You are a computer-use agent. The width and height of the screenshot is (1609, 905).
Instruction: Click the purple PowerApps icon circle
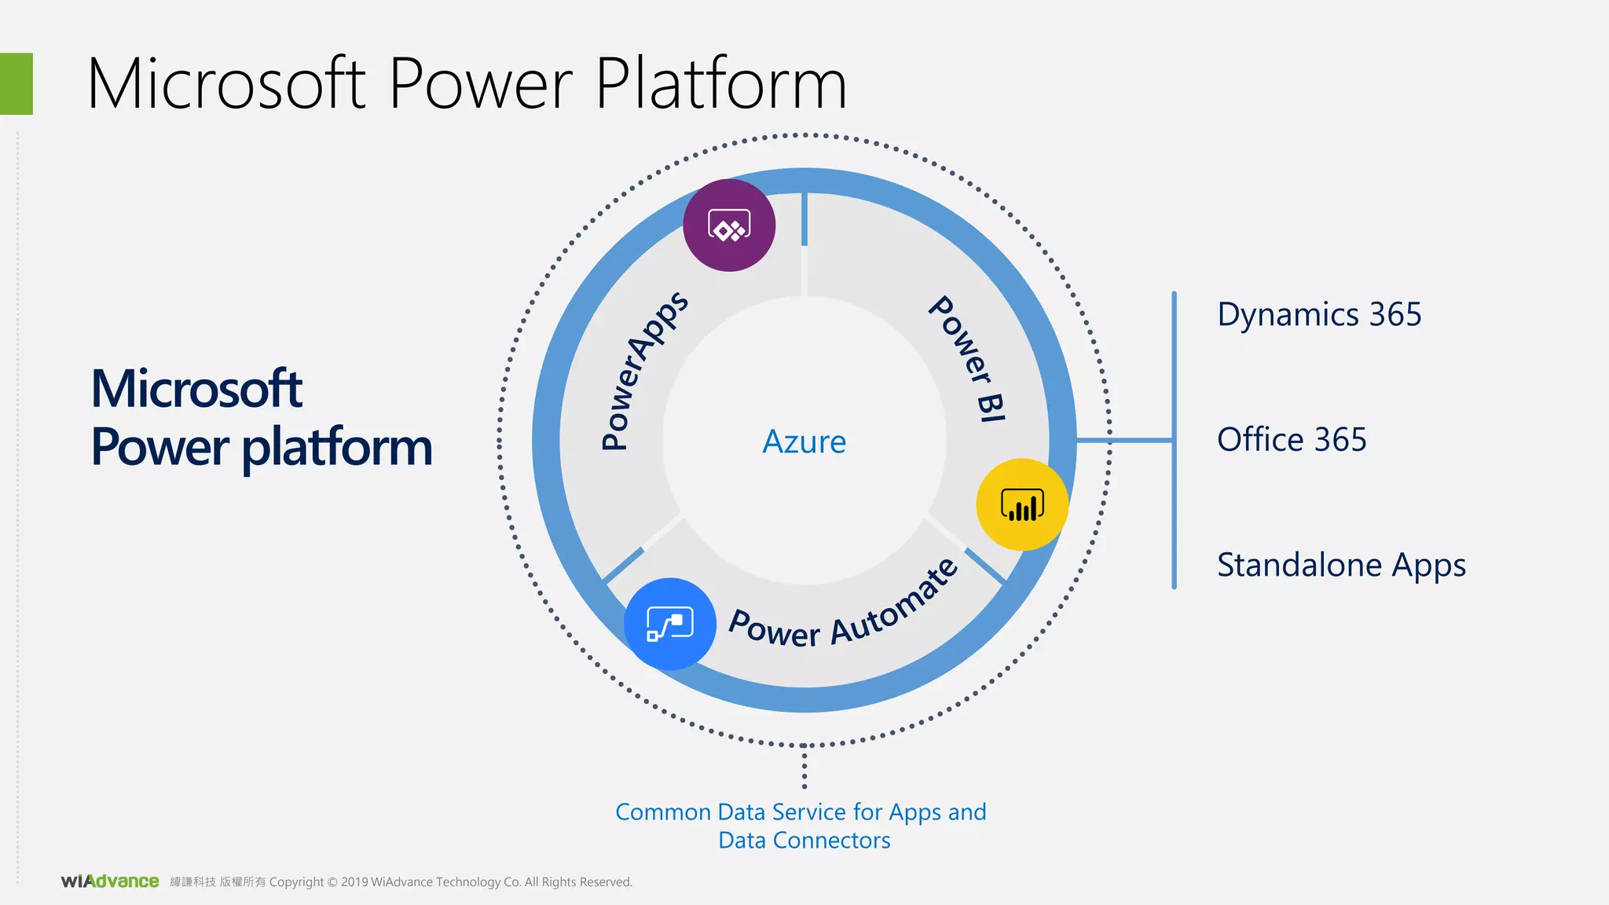[x=729, y=225]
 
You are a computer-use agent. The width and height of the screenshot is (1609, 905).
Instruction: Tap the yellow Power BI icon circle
[x=1022, y=504]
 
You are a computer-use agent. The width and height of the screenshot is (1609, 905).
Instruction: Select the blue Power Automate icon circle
[x=670, y=624]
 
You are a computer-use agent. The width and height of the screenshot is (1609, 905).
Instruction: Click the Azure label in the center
[x=804, y=442]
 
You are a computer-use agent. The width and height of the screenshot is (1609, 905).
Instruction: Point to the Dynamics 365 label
[x=1319, y=314]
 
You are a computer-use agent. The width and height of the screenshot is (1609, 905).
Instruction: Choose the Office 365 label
[x=1292, y=439]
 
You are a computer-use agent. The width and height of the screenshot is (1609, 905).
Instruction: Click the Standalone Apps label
[x=1341, y=565]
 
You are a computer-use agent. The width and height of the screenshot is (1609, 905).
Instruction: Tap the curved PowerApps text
[x=643, y=369]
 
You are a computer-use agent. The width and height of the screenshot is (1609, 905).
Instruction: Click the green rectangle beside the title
[x=16, y=83]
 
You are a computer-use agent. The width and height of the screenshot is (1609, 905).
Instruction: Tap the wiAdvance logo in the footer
[x=110, y=881]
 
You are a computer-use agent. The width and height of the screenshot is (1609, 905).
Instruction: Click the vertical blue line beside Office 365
[x=1174, y=440]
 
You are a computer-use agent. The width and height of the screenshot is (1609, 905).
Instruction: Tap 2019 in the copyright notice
[x=354, y=882]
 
